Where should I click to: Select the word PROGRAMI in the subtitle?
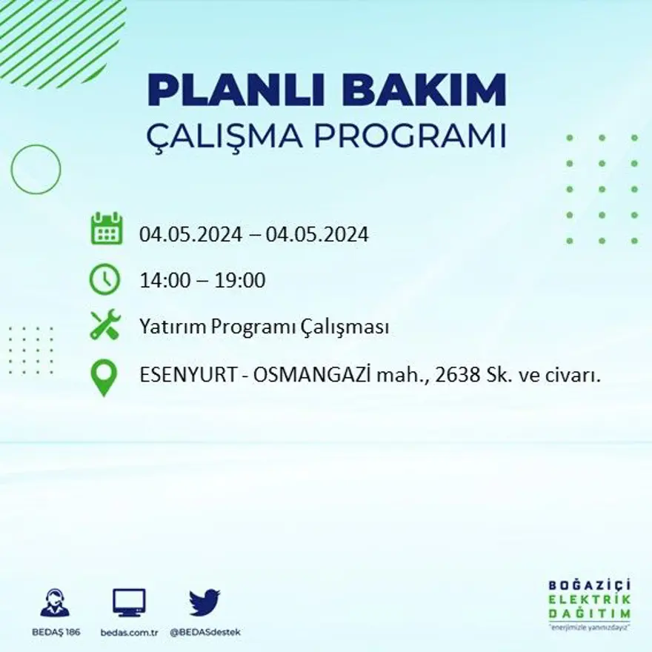pyautogui.click(x=411, y=136)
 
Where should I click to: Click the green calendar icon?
pyautogui.click(x=106, y=229)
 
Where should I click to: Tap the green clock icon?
pyautogui.click(x=104, y=279)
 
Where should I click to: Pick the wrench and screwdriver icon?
pyautogui.click(x=104, y=326)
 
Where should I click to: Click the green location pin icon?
pyautogui.click(x=104, y=376)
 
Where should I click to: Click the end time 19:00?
pyautogui.click(x=240, y=281)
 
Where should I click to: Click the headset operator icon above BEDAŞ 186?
pyautogui.click(x=55, y=602)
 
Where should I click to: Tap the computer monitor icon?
pyautogui.click(x=129, y=602)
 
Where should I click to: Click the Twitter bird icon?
pyautogui.click(x=204, y=602)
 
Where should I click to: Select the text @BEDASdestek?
pyautogui.click(x=205, y=632)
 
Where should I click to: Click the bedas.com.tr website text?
pyautogui.click(x=129, y=632)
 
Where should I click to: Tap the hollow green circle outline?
pyautogui.click(x=36, y=170)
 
